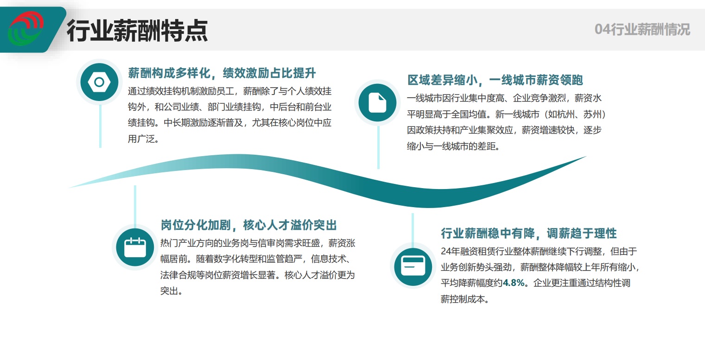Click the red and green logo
tap(26, 29)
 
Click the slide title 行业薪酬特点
tap(137, 31)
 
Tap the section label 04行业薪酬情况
tap(642, 30)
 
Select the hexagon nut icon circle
tap(99, 82)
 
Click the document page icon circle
tap(377, 102)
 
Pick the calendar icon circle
tap(135, 247)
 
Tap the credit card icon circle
tap(413, 266)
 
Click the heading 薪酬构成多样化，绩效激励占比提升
tap(222, 73)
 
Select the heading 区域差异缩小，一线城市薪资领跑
tap(495, 80)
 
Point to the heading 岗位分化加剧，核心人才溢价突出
tap(248, 225)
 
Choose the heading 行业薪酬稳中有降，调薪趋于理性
tap(529, 233)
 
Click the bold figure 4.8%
tap(514, 283)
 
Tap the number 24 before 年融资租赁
tap(445, 252)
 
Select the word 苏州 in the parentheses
tap(592, 114)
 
